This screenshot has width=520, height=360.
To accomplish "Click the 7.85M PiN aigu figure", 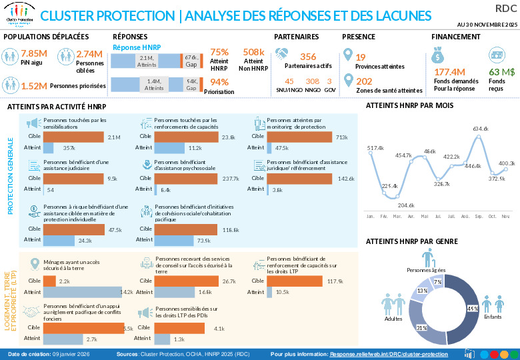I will (33, 53).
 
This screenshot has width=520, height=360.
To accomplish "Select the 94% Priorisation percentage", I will (219, 82).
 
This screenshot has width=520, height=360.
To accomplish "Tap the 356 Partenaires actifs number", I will (308, 57).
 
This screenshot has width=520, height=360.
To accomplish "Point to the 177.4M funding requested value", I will (449, 71).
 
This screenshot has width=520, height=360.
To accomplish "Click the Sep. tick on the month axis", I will (479, 216).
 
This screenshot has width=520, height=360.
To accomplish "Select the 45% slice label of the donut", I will (473, 309).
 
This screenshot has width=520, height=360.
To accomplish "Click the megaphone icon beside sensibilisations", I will (33, 124).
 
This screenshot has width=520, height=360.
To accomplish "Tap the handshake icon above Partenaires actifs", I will (283, 54).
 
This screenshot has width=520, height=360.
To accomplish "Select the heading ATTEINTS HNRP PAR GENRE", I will (410, 242).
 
